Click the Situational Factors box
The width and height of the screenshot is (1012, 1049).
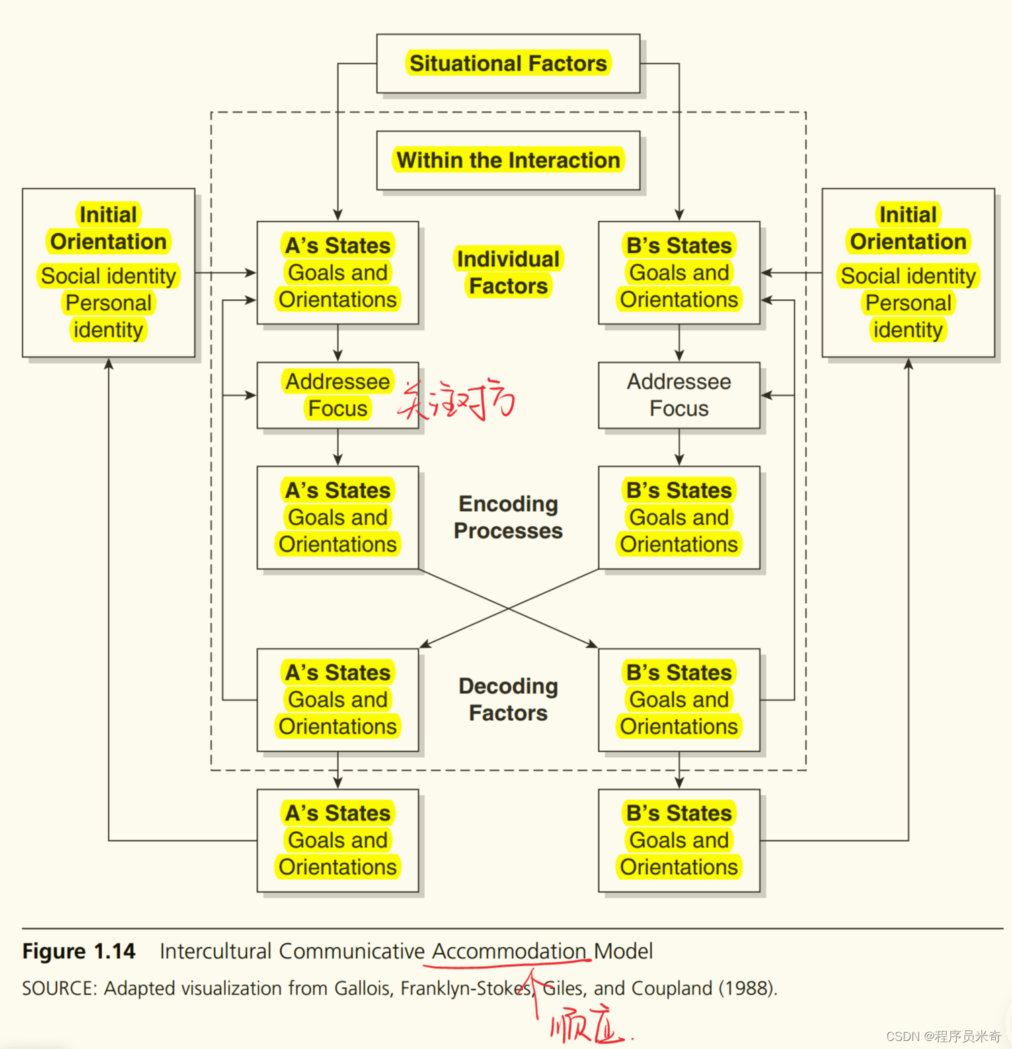(x=508, y=63)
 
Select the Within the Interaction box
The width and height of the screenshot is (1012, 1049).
(x=508, y=160)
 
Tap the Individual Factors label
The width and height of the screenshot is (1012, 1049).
(x=508, y=272)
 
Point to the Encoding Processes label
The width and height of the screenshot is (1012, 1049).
(x=508, y=517)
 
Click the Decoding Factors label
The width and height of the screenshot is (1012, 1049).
(x=508, y=699)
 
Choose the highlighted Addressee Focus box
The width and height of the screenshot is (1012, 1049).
(x=338, y=395)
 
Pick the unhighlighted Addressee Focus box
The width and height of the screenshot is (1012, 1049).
(x=678, y=395)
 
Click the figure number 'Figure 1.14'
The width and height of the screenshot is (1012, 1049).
(x=79, y=951)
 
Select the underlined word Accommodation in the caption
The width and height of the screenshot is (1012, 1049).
(x=509, y=951)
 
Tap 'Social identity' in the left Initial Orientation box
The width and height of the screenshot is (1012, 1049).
(x=108, y=276)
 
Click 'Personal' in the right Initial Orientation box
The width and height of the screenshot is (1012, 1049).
(x=908, y=303)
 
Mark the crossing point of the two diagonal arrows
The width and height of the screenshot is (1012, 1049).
(x=508, y=609)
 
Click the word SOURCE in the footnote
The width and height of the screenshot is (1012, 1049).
(x=59, y=988)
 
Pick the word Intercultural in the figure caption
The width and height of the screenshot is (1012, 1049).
(x=215, y=951)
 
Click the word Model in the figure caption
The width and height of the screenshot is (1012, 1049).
(x=623, y=951)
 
